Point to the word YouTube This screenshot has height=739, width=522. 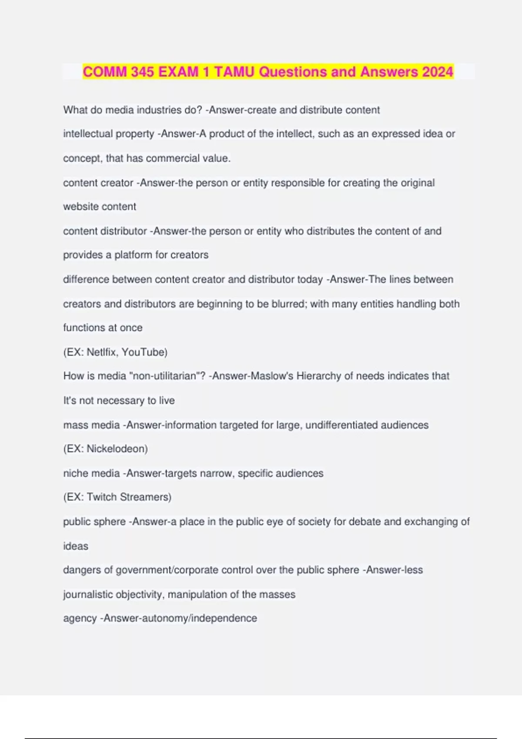[144, 352]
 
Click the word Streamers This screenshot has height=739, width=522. [145, 497]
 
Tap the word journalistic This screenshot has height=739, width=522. [88, 594]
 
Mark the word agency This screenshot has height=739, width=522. [80, 619]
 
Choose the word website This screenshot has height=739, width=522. [80, 206]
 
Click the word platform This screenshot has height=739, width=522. [133, 255]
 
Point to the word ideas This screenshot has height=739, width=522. [76, 546]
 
